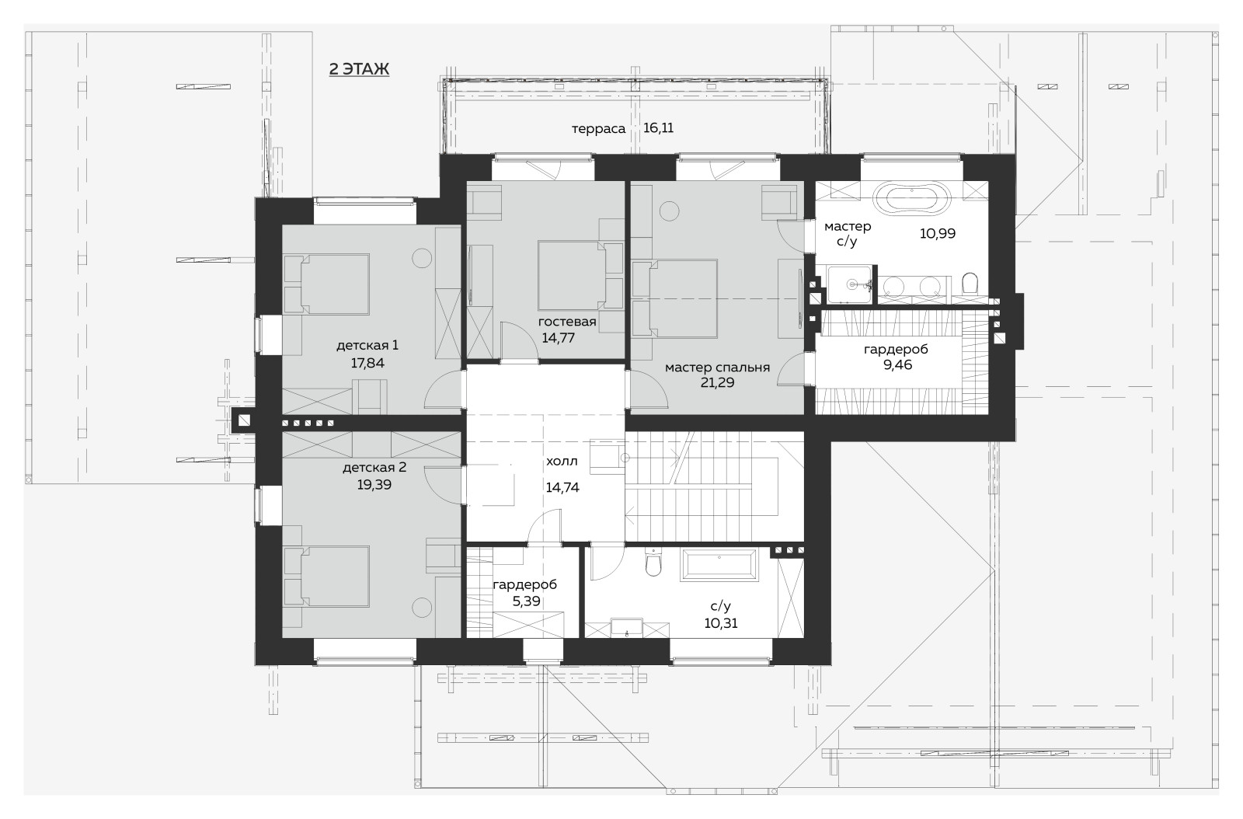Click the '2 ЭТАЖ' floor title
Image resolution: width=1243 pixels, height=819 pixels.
point(359,69)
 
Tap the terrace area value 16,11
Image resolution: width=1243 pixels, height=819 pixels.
point(658,128)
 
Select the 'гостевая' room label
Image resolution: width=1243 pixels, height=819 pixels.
point(567,322)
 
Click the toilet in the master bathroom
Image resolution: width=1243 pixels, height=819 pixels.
point(970,284)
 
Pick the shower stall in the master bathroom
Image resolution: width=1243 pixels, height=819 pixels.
point(850,284)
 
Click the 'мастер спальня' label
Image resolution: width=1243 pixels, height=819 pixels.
point(717,368)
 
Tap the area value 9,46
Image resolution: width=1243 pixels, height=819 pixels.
point(898,364)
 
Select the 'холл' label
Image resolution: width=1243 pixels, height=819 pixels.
point(562,461)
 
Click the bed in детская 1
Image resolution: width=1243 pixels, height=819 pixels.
point(327,284)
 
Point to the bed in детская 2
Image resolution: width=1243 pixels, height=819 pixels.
point(327,576)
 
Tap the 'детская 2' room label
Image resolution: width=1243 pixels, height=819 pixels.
point(374,468)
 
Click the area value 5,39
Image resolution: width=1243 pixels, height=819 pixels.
point(526,601)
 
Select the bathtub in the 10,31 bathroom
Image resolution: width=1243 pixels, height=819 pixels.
point(719,566)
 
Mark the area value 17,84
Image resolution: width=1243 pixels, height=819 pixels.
point(367,363)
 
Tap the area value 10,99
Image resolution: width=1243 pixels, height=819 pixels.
point(938,233)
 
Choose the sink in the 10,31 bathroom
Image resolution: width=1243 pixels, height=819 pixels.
point(627,629)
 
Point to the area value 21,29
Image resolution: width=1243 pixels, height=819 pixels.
point(717,382)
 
